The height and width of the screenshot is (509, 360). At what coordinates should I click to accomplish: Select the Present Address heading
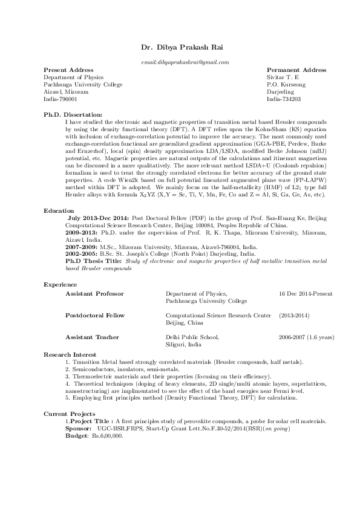(x=64, y=70)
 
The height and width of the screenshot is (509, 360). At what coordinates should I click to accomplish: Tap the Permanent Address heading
(x=296, y=70)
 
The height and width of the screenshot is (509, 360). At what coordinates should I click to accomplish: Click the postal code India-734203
(x=284, y=98)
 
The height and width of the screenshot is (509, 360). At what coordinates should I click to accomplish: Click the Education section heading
(x=59, y=210)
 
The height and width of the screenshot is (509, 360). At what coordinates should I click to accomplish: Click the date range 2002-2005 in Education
(x=79, y=254)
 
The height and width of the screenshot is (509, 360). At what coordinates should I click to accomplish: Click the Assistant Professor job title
(x=94, y=293)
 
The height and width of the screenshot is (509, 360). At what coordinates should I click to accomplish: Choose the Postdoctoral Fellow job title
(x=95, y=316)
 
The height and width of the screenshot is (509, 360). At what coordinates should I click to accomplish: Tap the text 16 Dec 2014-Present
(x=306, y=293)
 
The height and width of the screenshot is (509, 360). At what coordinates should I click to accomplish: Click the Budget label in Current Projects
(x=75, y=435)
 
